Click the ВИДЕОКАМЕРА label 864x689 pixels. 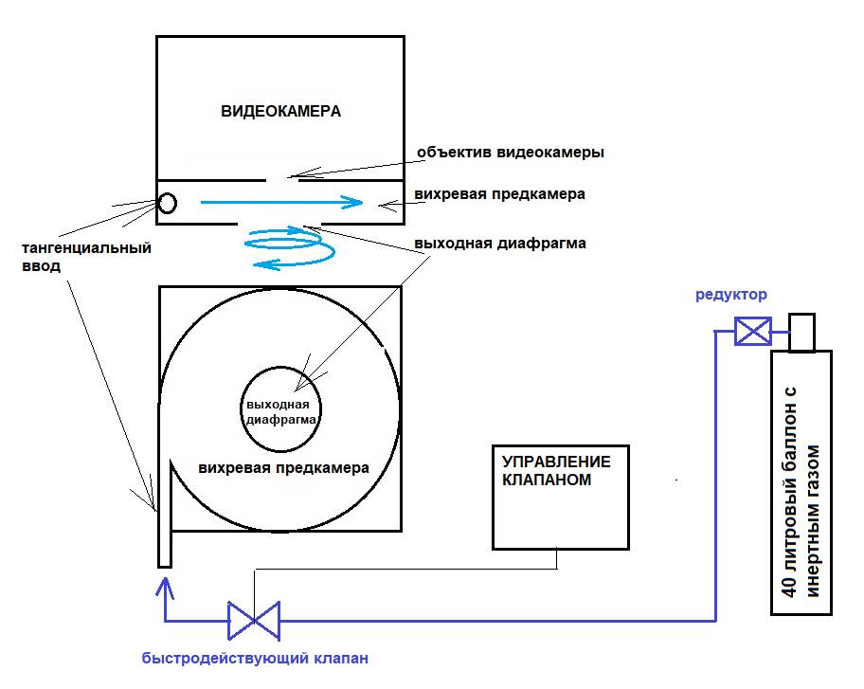pyautogui.click(x=280, y=111)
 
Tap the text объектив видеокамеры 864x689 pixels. pyautogui.click(x=510, y=152)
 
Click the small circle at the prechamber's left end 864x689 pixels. pyautogui.click(x=167, y=202)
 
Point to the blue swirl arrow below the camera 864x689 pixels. pyautogui.click(x=289, y=249)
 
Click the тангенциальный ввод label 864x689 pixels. pyautogui.click(x=86, y=257)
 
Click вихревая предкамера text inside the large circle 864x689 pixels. pyautogui.click(x=284, y=468)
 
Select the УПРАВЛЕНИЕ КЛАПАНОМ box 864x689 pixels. pyautogui.click(x=559, y=497)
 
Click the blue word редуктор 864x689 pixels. pyautogui.click(x=731, y=295)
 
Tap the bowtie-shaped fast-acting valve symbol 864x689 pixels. pyautogui.click(x=254, y=621)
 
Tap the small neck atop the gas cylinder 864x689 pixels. pyautogui.click(x=801, y=333)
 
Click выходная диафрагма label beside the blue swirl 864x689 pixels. pyautogui.click(x=500, y=243)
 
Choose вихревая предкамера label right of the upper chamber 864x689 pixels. pyautogui.click(x=499, y=194)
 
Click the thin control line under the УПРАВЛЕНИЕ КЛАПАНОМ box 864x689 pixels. pyautogui.click(x=407, y=570)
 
